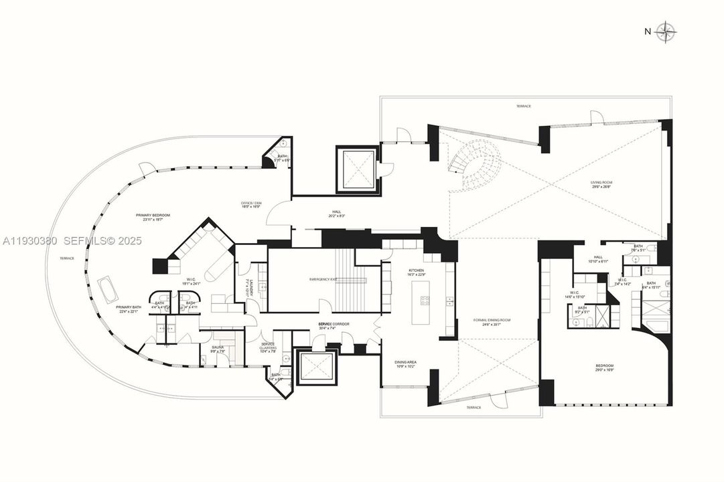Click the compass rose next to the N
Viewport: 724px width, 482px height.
coord(666,31)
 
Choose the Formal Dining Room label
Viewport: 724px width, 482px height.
coord(492,322)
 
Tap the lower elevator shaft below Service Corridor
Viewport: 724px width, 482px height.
coord(313,368)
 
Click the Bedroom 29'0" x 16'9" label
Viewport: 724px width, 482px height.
coord(605,368)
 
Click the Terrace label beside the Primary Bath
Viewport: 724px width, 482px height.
coord(67,258)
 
